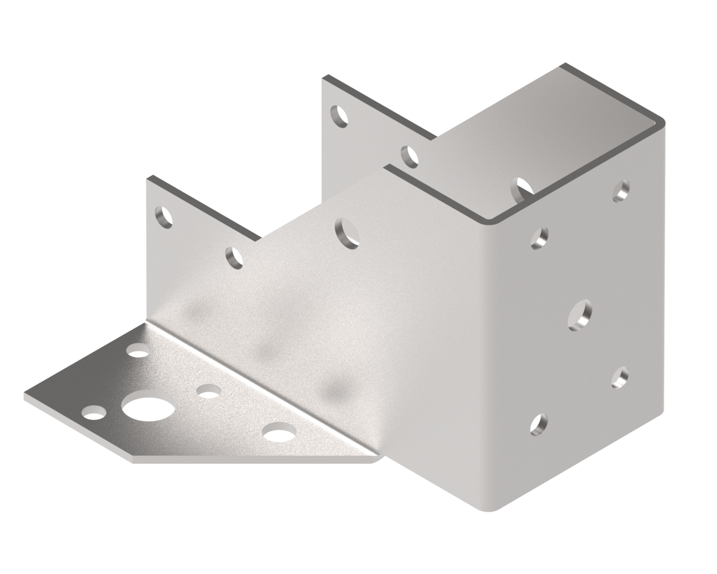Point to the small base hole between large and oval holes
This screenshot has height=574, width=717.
[x=207, y=391]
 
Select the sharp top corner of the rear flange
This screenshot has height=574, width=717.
[x=324, y=78]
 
